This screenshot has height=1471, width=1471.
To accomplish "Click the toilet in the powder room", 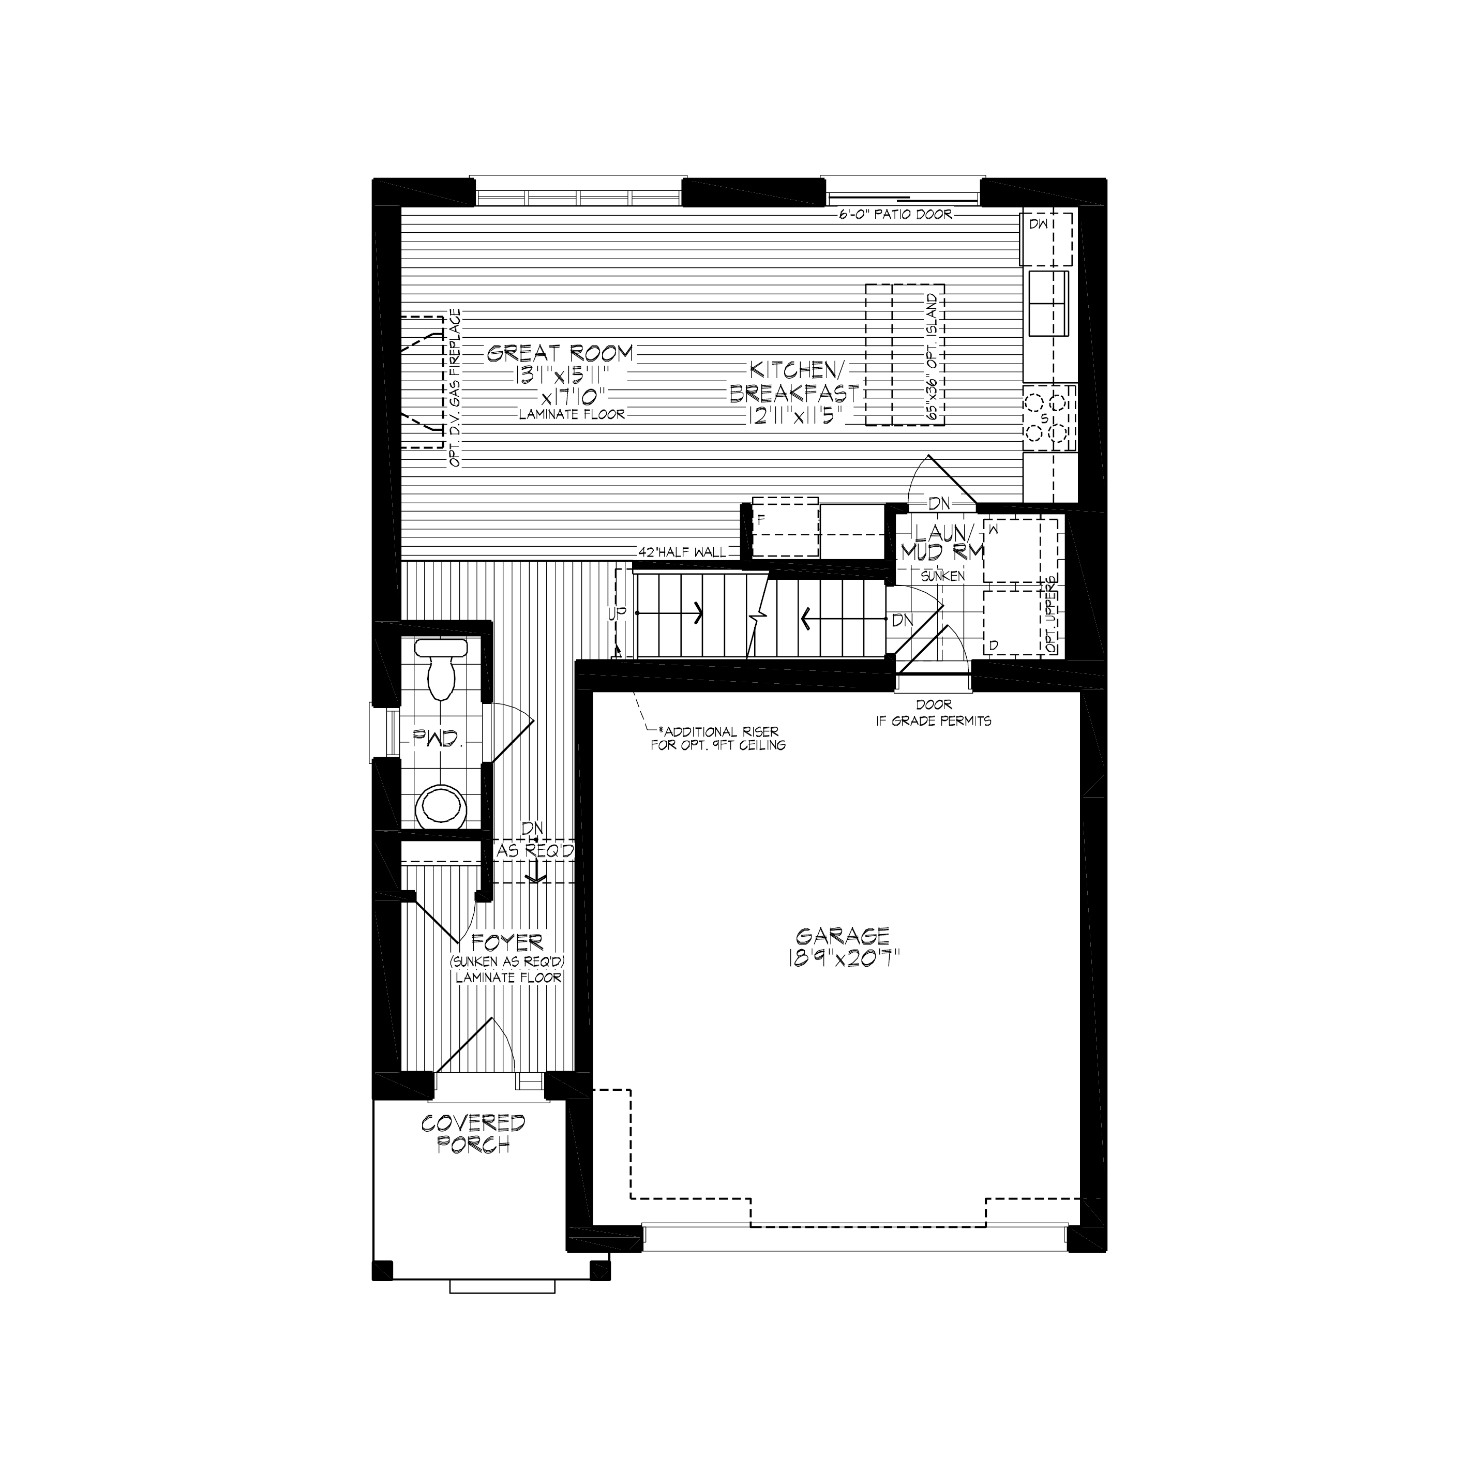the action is [x=440, y=669].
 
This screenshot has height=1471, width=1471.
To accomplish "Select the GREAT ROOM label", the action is [x=560, y=353].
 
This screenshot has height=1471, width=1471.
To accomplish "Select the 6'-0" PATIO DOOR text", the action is [x=895, y=214].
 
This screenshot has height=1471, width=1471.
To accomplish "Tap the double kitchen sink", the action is [x=1048, y=303].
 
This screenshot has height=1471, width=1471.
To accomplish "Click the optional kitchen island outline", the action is [x=905, y=355].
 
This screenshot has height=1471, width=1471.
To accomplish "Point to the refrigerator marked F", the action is [x=785, y=528].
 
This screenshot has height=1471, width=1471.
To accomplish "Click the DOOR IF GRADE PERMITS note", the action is [x=934, y=713].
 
